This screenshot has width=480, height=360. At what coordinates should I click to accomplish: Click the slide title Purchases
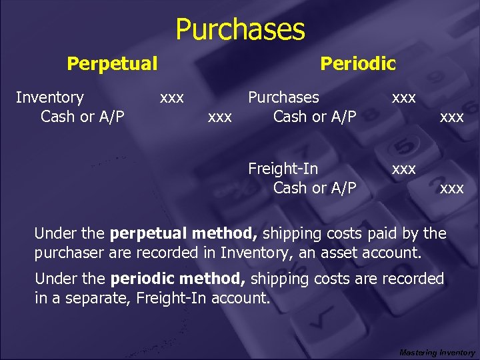(240, 30)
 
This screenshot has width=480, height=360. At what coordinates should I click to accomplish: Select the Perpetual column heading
(112, 64)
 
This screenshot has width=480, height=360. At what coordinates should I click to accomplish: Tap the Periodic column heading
(358, 64)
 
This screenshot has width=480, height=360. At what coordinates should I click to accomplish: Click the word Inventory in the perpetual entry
(49, 97)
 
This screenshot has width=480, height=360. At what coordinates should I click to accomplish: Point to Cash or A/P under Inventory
(83, 117)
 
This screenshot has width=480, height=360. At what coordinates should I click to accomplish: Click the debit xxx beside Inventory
(172, 97)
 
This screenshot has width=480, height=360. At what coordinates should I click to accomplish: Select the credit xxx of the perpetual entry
(220, 117)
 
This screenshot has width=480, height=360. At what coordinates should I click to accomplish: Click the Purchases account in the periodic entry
(283, 97)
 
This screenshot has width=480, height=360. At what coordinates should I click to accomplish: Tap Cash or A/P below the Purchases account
(315, 117)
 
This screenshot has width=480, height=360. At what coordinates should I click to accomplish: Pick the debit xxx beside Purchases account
(404, 97)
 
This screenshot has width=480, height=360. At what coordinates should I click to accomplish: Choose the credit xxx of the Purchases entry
(452, 117)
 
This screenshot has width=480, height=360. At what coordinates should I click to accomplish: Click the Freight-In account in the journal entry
(283, 168)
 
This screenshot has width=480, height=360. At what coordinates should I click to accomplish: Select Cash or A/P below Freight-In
(315, 187)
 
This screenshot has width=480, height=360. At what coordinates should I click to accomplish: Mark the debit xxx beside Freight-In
(404, 169)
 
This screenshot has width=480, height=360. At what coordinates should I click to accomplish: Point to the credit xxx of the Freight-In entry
(452, 188)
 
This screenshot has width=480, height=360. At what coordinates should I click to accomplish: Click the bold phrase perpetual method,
(185, 234)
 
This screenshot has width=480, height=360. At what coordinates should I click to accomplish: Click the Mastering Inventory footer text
(437, 352)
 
